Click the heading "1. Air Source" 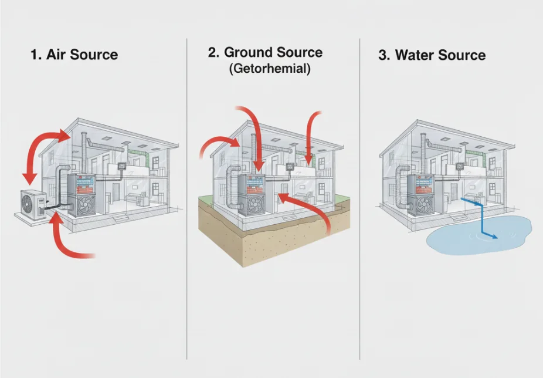point(74,55)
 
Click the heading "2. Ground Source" point(265,53)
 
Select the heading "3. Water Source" point(432,56)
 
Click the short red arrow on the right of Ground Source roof point(311,135)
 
